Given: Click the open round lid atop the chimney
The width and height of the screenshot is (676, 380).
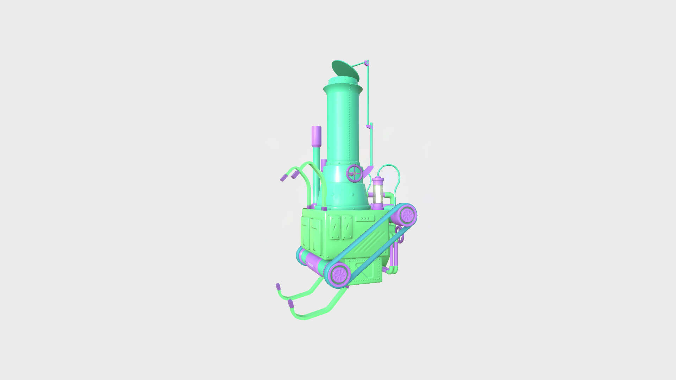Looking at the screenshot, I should tap(345, 70).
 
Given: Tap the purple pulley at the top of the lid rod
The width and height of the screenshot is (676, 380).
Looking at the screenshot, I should tap(367, 63).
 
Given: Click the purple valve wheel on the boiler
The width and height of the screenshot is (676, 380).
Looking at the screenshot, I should tap(355, 173).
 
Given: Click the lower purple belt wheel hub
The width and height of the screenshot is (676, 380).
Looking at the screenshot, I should tap(339, 274).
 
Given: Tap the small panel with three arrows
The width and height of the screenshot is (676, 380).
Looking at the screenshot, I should tap(363, 219).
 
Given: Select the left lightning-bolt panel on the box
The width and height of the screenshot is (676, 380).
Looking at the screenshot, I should tap(334, 227).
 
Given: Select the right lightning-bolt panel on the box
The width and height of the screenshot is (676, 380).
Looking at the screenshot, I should tap(347, 227).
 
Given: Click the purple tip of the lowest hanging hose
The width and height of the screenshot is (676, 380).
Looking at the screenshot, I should tap(290, 303).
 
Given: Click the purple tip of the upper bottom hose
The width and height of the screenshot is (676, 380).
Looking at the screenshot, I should tap(278, 286).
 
